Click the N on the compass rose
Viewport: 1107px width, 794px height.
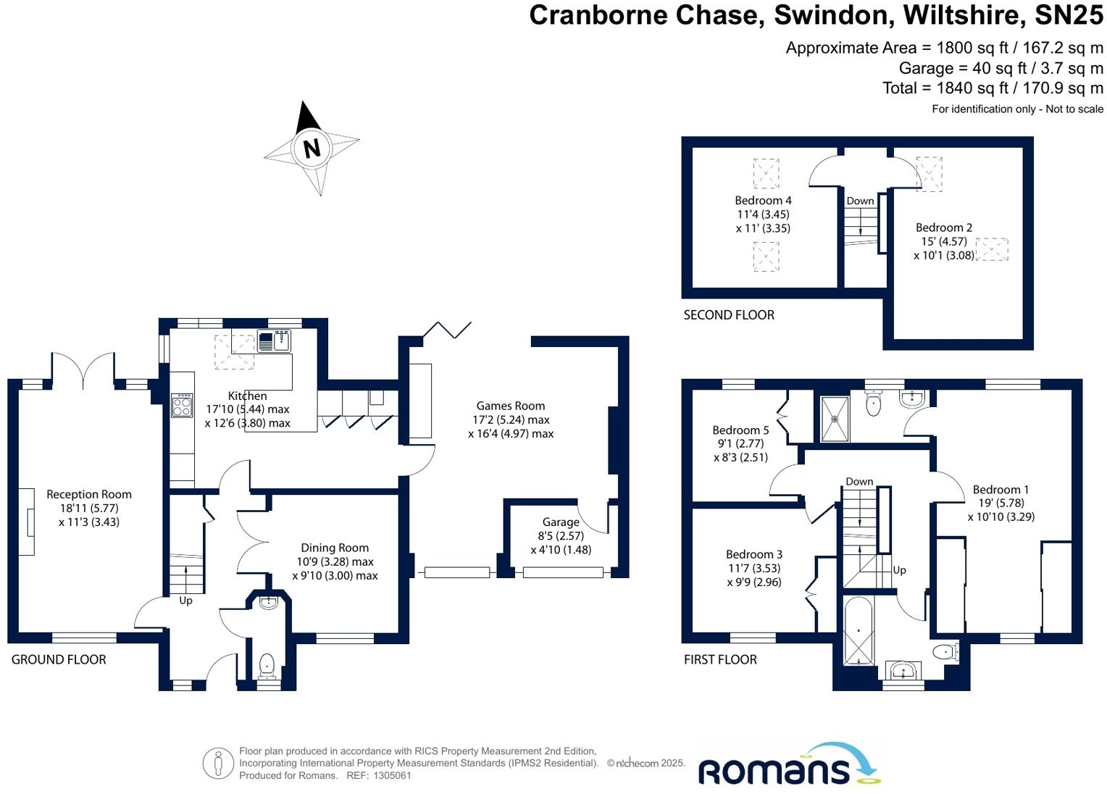tap(312, 149)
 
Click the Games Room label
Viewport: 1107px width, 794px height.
tap(510, 406)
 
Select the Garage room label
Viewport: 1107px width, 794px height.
tap(561, 522)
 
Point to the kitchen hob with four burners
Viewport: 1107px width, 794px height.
tap(182, 405)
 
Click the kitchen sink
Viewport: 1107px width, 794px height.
tap(274, 340)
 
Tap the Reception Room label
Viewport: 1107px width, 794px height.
tap(89, 495)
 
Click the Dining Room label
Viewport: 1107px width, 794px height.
tap(334, 548)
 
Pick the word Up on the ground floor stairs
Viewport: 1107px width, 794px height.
tap(185, 601)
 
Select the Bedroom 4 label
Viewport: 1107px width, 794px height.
tap(763, 201)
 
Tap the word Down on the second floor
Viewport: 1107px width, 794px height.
tap(860, 201)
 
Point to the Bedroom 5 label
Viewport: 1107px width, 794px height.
tap(740, 430)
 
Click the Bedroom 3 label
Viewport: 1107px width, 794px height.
tap(754, 555)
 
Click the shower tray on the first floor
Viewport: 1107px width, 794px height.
tap(835, 419)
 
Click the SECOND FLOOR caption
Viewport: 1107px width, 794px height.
tap(729, 315)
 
